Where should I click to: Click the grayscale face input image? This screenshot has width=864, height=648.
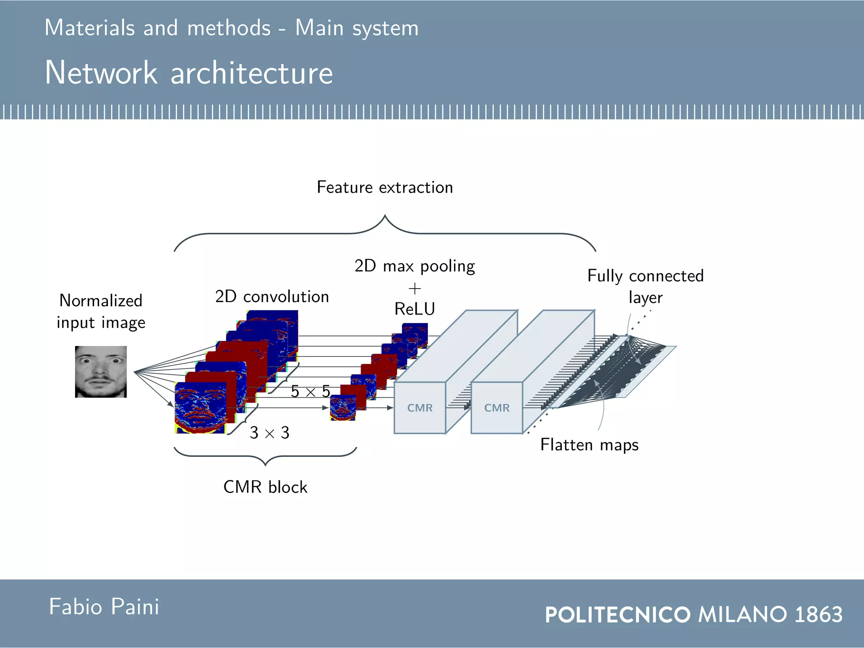tap(101, 372)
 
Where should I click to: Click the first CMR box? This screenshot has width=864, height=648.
tap(420, 408)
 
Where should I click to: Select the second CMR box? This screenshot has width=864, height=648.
tap(497, 408)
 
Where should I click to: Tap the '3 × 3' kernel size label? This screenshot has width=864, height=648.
tap(270, 433)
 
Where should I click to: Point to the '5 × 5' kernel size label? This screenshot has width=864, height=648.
tap(310, 391)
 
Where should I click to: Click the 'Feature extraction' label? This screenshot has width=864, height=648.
tap(385, 187)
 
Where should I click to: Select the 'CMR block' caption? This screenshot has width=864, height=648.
tap(265, 487)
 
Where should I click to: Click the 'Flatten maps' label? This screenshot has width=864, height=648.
tap(589, 445)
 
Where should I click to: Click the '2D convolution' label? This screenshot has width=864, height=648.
tap(272, 297)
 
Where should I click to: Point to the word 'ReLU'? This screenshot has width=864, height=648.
tap(415, 309)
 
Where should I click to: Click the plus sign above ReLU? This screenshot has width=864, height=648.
tap(415, 289)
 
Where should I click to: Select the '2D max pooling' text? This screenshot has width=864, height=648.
tap(415, 266)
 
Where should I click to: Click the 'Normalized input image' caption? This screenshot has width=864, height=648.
tap(101, 312)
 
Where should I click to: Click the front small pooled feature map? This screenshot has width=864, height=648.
tap(343, 408)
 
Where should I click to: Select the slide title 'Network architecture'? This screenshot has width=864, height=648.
tap(189, 73)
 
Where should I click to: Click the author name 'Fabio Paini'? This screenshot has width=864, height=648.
tap(104, 607)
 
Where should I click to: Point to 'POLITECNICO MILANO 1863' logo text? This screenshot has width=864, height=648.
tap(694, 614)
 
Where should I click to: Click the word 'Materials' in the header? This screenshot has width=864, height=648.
tap(89, 28)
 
